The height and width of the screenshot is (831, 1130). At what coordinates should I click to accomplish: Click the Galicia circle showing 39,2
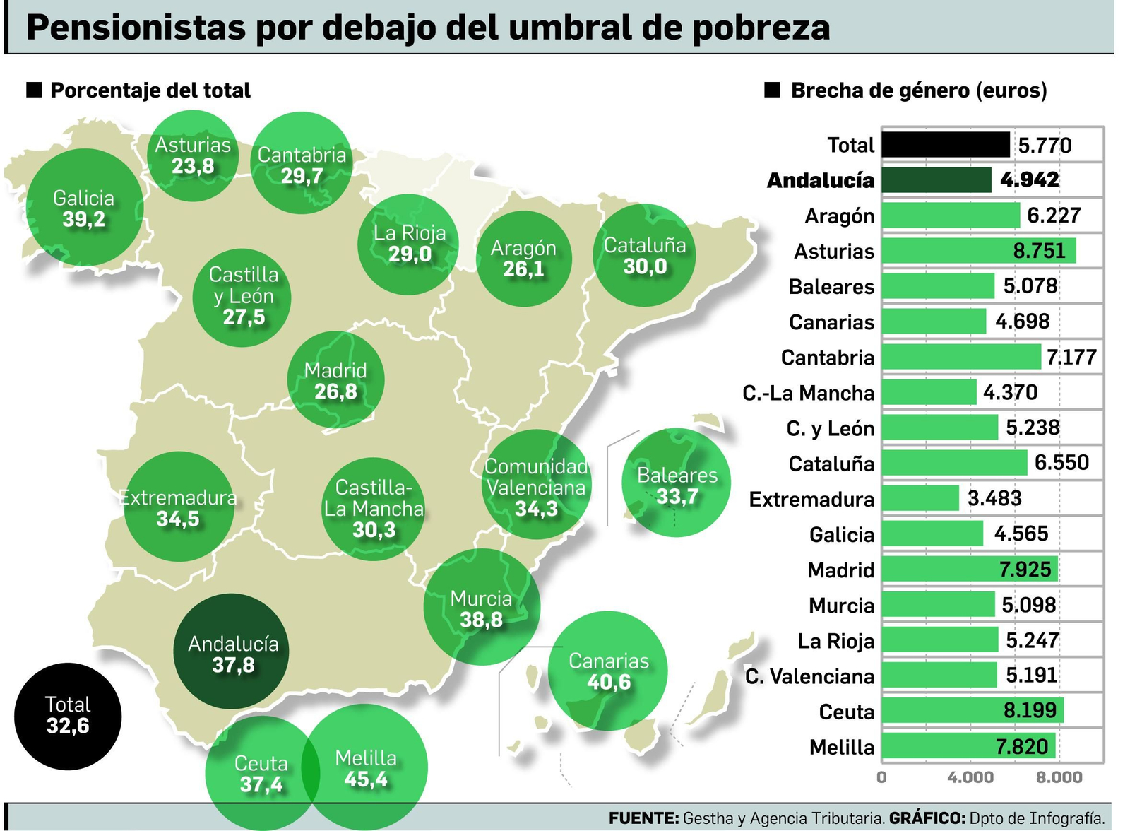[x=84, y=208]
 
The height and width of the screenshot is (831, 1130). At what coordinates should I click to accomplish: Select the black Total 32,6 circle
[x=68, y=716]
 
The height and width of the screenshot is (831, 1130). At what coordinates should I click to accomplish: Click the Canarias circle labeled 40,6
[x=608, y=671]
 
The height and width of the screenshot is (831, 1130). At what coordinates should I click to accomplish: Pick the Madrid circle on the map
[x=336, y=380]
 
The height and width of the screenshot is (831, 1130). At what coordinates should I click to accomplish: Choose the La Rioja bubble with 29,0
[x=409, y=243]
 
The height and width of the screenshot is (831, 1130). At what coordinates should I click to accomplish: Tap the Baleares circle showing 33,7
[x=676, y=485]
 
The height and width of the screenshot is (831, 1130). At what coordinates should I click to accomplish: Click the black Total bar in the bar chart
[x=945, y=145]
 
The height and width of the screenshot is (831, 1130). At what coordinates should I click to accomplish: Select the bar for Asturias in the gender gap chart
[x=978, y=251]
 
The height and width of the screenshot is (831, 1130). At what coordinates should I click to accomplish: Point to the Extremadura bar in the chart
[x=920, y=498]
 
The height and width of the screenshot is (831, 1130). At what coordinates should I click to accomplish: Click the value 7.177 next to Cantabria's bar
[x=1071, y=357]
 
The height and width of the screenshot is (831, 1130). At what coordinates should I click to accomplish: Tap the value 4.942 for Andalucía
[x=1029, y=180]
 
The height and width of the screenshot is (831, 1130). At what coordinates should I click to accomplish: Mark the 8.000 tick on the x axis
[x=1058, y=777]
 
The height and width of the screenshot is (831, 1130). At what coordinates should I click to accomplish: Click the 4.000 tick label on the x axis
[x=970, y=777]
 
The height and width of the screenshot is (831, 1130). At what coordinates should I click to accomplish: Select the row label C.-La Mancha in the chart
[x=808, y=393]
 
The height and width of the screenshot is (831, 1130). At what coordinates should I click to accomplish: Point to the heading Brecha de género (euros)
[x=918, y=90]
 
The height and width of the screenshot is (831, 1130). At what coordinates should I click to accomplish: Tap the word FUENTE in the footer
[x=643, y=818]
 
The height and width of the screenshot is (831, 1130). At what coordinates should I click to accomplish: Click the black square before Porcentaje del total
[x=34, y=90]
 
